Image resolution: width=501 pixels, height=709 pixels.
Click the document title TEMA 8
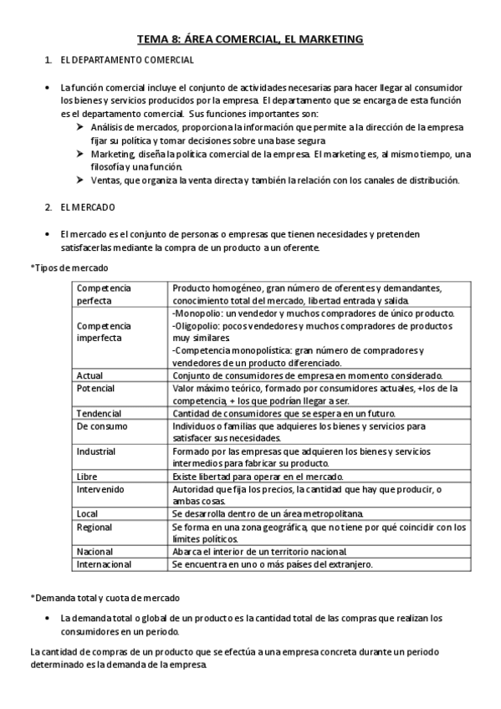(250, 38)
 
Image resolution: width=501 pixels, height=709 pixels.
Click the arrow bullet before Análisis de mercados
(79, 126)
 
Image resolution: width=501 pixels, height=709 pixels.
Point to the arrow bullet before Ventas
(79, 180)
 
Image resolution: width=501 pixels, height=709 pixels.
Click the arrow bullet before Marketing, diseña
(79, 153)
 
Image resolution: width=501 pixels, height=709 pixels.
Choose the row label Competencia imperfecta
(104, 331)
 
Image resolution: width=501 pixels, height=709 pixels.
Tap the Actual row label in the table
(89, 375)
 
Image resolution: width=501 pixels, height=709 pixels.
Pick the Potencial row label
(95, 389)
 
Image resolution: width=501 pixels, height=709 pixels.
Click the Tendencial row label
(99, 414)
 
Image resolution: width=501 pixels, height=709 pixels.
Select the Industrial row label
(97, 451)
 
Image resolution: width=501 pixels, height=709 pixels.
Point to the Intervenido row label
(100, 488)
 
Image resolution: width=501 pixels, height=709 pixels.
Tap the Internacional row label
(104, 564)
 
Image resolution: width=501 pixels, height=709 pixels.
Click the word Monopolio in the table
(197, 313)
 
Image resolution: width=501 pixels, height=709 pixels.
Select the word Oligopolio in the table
(198, 325)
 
